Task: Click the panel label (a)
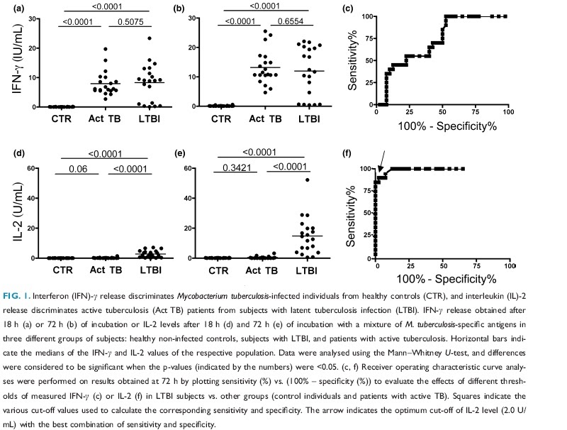click(x=13, y=10)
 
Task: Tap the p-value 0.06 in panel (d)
click(x=82, y=189)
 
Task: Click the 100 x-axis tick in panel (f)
click(x=507, y=266)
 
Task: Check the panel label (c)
click(x=347, y=10)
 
